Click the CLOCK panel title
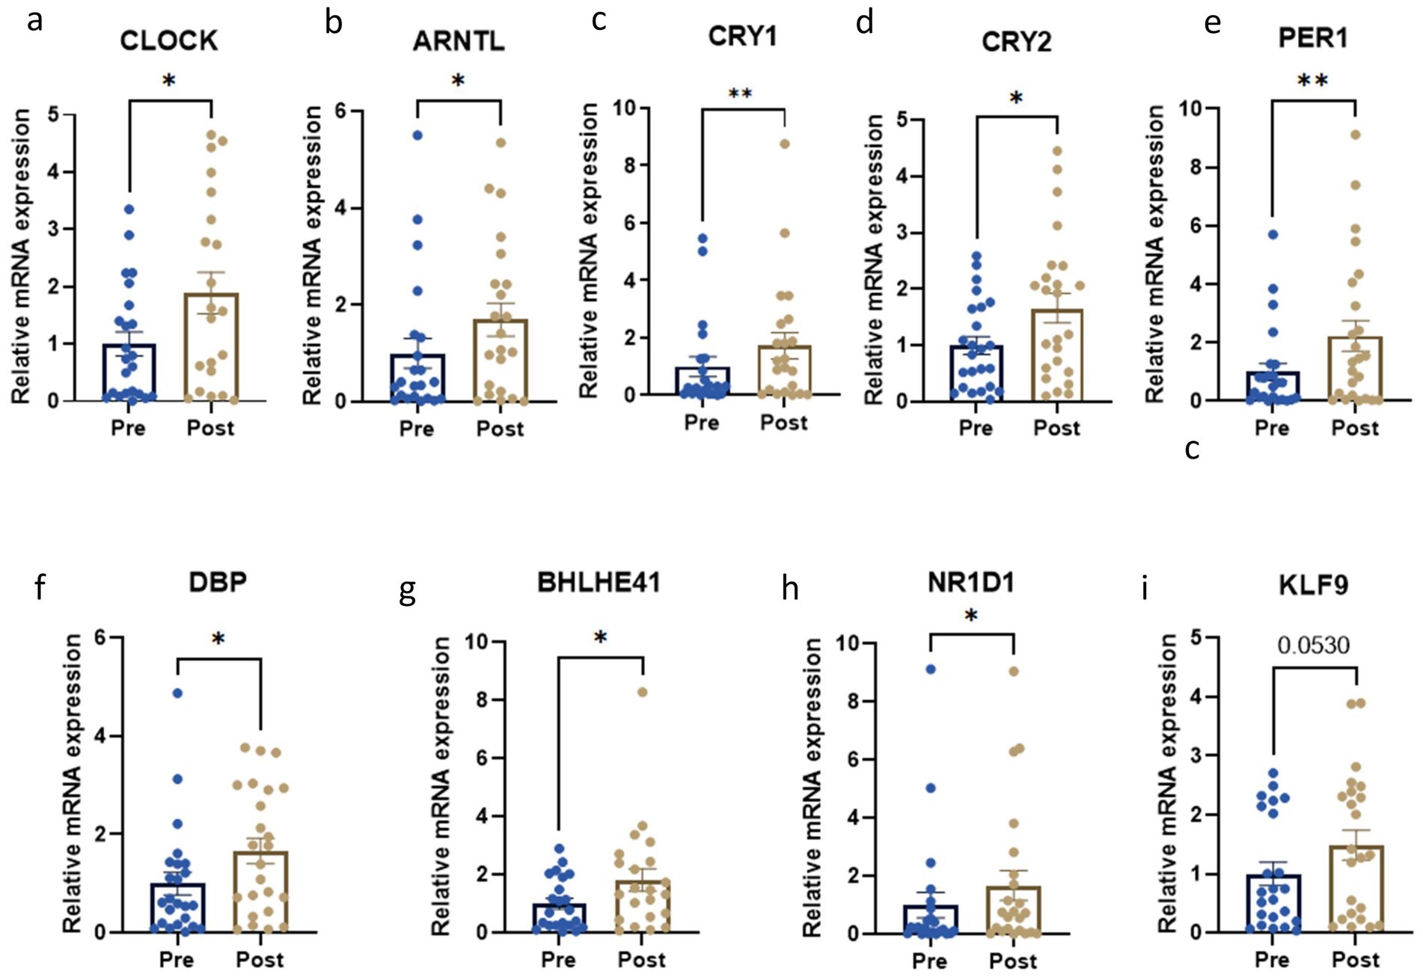[169, 40]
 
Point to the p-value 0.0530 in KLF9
[1313, 644]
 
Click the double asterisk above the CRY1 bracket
[740, 94]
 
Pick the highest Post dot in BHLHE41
[642, 692]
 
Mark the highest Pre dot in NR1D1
[931, 670]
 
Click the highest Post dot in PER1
[1355, 135]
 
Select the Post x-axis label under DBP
[260, 959]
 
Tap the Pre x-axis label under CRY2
[976, 428]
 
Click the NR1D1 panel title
[971, 582]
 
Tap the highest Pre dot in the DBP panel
[177, 693]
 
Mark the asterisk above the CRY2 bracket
[1015, 97]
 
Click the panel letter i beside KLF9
[1145, 589]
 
